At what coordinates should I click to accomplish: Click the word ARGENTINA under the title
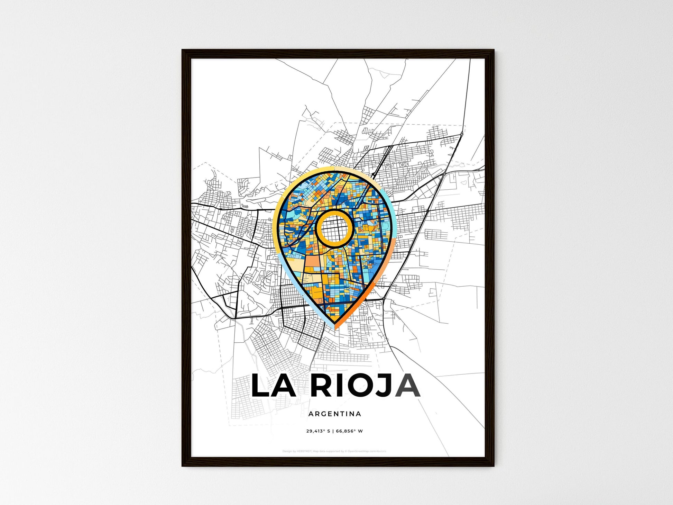click(334, 414)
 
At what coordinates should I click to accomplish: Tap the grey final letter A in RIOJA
click(408, 385)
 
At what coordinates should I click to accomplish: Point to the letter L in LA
click(261, 385)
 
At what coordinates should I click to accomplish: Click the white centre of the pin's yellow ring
click(334, 228)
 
